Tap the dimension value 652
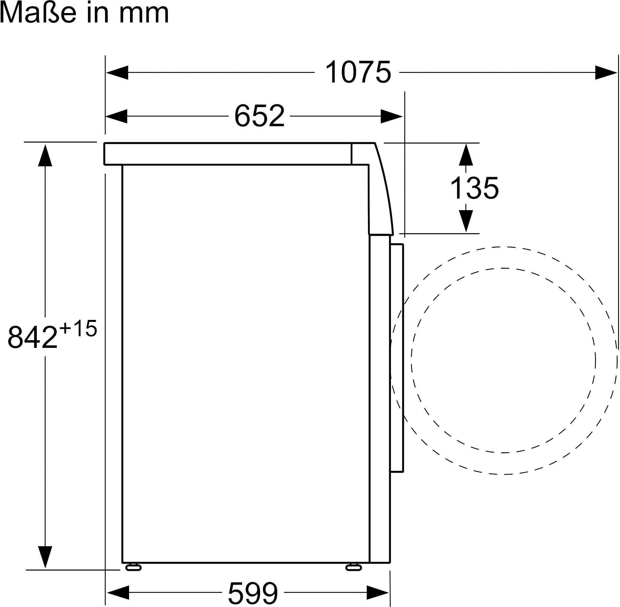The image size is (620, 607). pyautogui.click(x=259, y=116)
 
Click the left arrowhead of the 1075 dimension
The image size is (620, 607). pyautogui.click(x=117, y=73)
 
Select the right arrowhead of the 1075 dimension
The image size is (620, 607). pyautogui.click(x=606, y=73)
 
